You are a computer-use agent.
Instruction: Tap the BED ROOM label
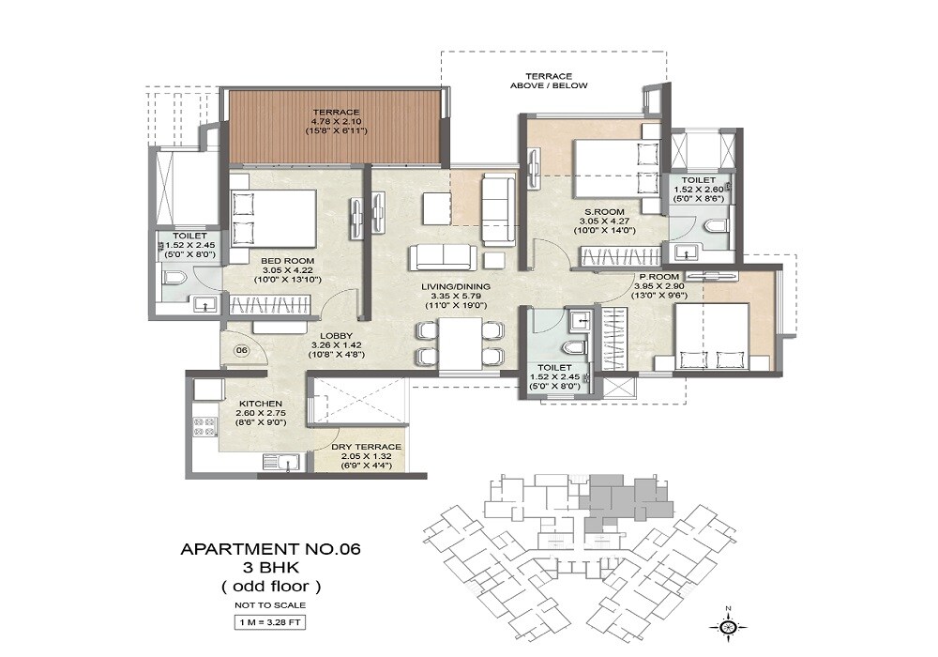tap(287, 260)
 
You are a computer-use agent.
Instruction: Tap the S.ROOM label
tap(610, 211)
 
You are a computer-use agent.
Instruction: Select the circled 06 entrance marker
tap(241, 350)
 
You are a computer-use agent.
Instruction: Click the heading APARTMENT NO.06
tap(270, 548)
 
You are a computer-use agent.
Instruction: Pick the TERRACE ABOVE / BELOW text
tap(549, 81)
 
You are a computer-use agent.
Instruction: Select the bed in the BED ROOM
tap(273, 218)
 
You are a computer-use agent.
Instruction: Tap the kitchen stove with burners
tap(204, 427)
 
